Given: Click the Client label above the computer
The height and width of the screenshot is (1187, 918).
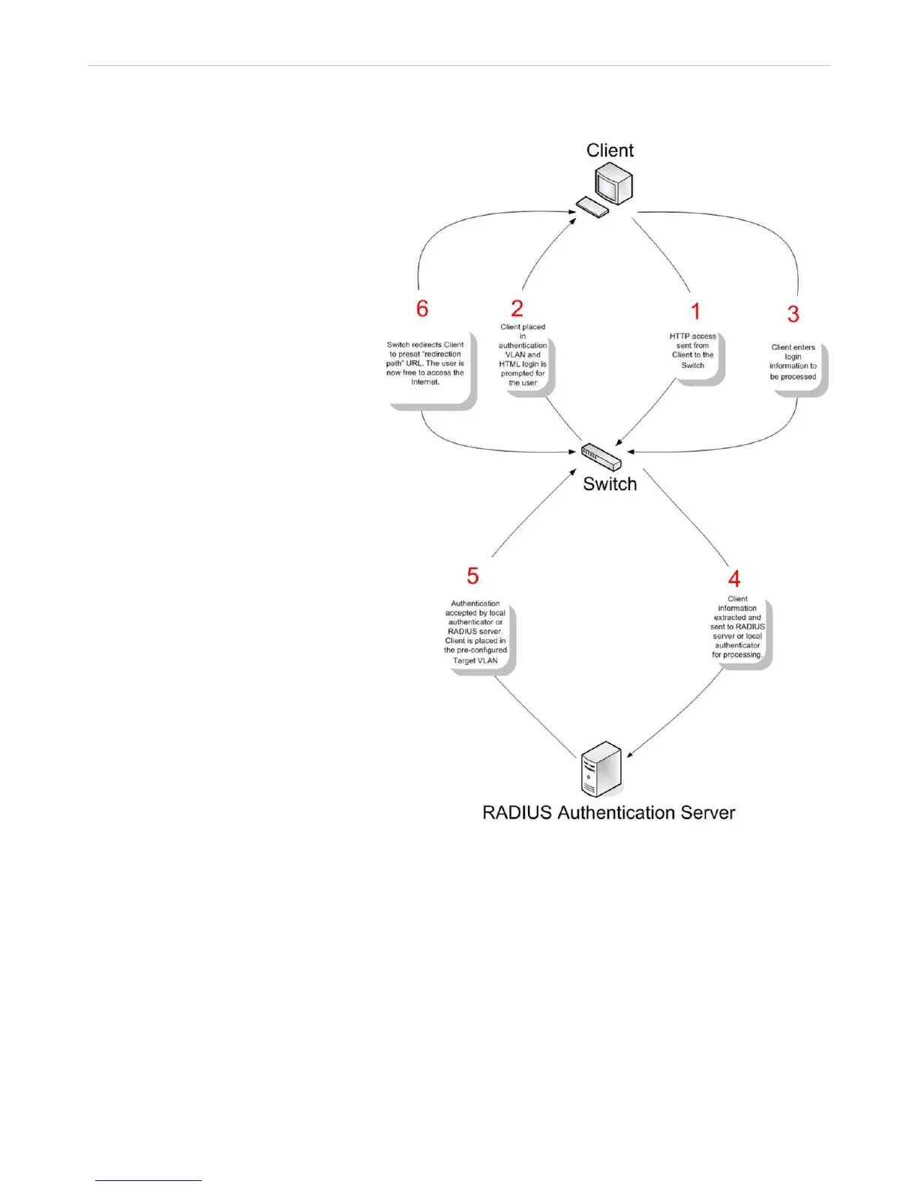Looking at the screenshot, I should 610,151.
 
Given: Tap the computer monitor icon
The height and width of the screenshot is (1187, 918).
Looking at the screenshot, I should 614,184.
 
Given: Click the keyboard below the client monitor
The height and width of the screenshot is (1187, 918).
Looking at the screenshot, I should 592,207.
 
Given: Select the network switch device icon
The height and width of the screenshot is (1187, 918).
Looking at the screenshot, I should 601,456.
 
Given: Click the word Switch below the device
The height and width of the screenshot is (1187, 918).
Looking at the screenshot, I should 610,484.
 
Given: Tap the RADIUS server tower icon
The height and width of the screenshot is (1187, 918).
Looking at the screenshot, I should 601,770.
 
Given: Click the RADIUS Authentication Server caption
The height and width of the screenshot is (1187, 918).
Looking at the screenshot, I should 608,813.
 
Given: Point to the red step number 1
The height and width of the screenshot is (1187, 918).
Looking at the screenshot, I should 695,312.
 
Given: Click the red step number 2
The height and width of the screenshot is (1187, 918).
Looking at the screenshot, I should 517,308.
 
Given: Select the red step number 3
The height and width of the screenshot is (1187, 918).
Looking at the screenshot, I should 793,314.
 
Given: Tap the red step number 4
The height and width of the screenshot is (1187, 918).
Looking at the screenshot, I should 734,579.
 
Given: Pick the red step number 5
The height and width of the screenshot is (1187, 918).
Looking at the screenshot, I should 472,576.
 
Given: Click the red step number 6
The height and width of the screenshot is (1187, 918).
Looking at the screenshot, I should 422,308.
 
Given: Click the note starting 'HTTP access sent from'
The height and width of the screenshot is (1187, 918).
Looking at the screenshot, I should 693,351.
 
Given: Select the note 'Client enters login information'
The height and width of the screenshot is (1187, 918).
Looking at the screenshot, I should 793,362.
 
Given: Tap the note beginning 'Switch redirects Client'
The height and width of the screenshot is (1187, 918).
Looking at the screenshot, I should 425,363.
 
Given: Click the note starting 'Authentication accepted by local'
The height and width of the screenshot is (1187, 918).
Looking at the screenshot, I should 475,632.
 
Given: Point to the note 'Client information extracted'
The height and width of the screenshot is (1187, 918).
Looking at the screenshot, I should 737,627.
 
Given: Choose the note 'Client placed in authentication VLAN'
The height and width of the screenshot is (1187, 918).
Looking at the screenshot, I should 523,355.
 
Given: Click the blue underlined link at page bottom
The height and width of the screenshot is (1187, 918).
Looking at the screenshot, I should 148,1180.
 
